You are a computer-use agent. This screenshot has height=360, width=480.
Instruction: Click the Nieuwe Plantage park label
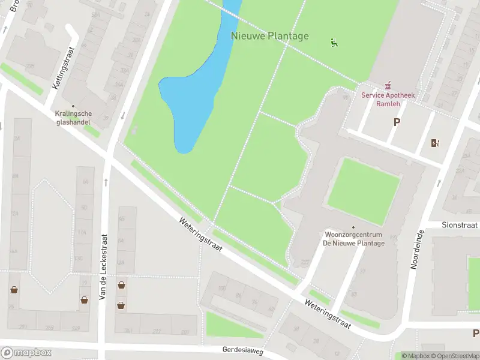click(x=269, y=36)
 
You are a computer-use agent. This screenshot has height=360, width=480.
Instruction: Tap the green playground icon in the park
click(x=334, y=42)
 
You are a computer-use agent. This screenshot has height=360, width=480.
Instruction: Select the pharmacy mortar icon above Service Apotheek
click(x=388, y=86)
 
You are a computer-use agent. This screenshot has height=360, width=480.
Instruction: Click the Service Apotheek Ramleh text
click(x=388, y=99)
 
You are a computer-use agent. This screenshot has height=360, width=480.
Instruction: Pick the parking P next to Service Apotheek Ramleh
click(x=396, y=122)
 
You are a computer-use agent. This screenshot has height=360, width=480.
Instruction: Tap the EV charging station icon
click(x=435, y=143)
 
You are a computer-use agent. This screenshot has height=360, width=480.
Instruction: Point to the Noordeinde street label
click(x=413, y=247)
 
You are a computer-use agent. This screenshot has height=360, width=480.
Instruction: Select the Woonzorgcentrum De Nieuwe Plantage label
click(x=353, y=238)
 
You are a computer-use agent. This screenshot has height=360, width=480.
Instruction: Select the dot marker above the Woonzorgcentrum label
click(x=353, y=227)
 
